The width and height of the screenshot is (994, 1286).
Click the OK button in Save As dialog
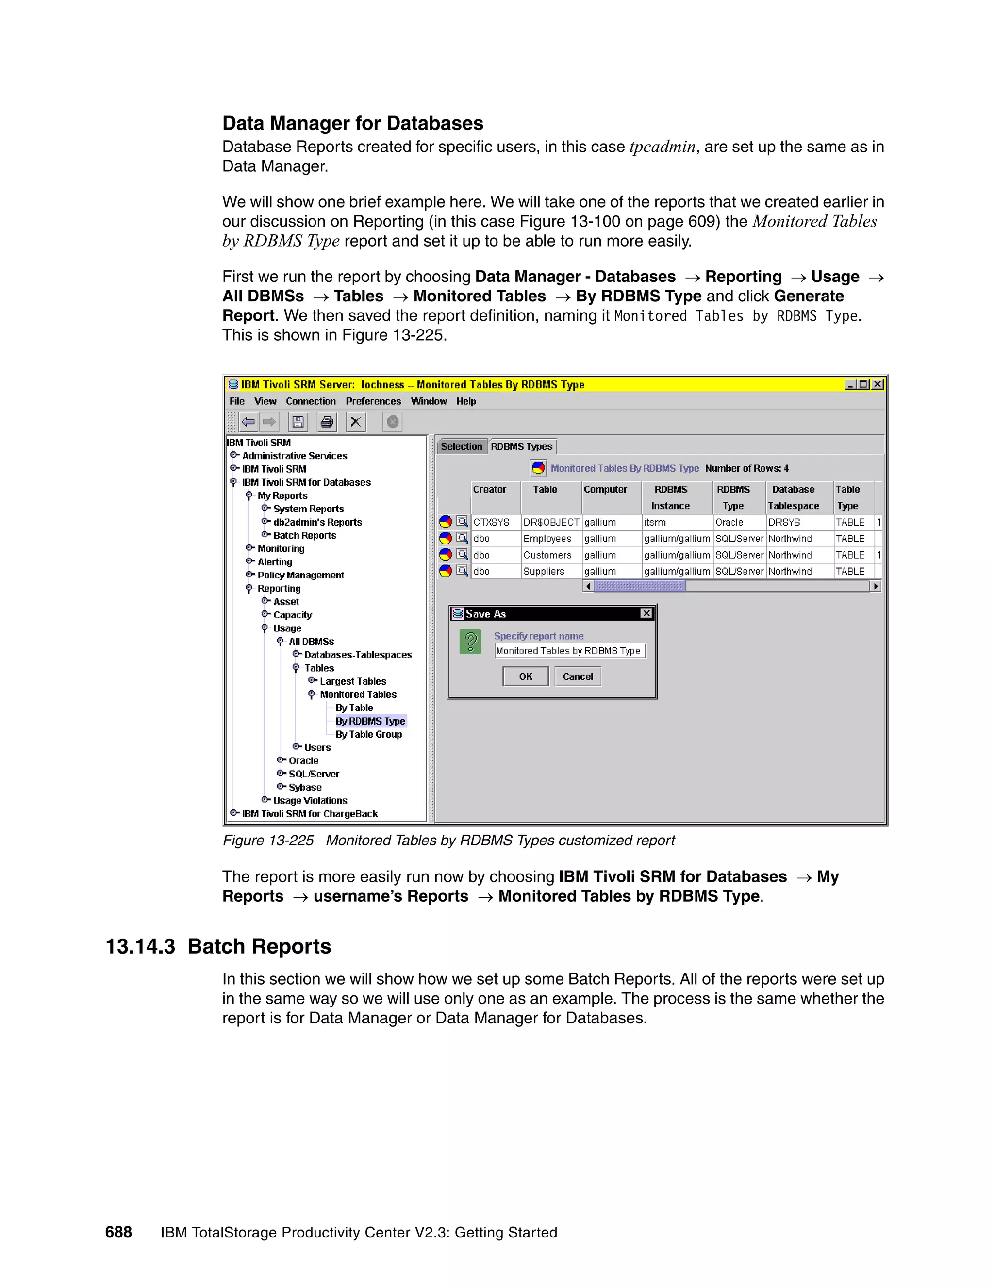point(525,676)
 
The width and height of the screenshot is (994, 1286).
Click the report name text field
point(569,651)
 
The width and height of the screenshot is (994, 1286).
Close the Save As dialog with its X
point(646,613)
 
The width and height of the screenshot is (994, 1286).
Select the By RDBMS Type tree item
point(370,721)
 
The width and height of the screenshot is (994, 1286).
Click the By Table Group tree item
point(369,734)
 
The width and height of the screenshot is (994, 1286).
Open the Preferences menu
point(373,401)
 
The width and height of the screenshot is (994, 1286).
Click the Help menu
point(466,401)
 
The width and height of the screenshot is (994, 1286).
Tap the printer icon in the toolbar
point(327,422)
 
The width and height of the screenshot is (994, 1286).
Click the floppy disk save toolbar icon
point(298,422)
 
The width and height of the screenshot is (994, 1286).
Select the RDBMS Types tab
point(521,446)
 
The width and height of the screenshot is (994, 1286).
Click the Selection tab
point(461,446)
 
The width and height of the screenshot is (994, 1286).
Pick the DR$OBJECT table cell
point(550,522)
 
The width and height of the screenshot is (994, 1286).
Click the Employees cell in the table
point(547,539)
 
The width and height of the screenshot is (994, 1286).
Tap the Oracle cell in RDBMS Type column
point(729,522)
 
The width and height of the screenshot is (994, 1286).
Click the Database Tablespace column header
point(793,497)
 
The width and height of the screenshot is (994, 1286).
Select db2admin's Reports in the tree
point(317,522)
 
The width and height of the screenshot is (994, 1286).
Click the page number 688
point(118,1233)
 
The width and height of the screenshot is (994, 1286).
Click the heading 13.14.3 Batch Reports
point(218,946)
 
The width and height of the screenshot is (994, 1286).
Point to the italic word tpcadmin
point(663,147)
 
